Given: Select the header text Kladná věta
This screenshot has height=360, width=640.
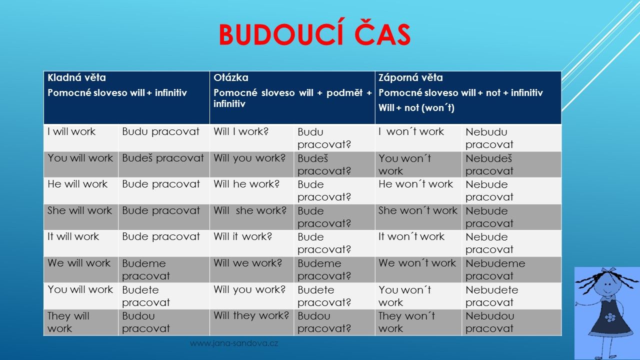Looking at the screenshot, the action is tap(76, 77).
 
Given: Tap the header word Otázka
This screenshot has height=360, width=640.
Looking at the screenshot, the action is tap(231, 77).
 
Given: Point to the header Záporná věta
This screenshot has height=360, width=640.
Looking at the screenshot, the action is tap(410, 77).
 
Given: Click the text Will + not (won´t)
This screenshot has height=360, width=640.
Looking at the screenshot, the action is tap(416, 107).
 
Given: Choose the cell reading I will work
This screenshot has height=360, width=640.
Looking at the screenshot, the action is tap(71, 131).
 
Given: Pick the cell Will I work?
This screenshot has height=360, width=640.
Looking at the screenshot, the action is tap(241, 131).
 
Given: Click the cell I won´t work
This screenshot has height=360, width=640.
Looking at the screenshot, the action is tap(411, 131).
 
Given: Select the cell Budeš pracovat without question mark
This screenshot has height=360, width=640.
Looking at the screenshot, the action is tap(163, 158).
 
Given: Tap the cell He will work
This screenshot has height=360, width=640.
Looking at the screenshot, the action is tap(77, 184).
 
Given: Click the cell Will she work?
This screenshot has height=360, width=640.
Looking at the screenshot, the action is tap(250, 210).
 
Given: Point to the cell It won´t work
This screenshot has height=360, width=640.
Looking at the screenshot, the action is tap(411, 236).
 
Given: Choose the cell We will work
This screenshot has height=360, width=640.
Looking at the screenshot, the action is tap(79, 263).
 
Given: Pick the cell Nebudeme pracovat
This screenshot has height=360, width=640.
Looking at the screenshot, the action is tap(495, 269).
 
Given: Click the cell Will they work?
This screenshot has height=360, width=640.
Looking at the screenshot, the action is tap(251, 315).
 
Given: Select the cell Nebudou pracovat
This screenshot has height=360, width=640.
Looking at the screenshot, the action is tap(489, 322).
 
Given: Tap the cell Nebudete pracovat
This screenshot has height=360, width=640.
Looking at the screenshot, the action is tap(491, 296).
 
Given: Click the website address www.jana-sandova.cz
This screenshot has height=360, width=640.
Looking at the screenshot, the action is tap(233, 343).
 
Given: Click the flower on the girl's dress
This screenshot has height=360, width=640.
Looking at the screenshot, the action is tap(610, 317).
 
